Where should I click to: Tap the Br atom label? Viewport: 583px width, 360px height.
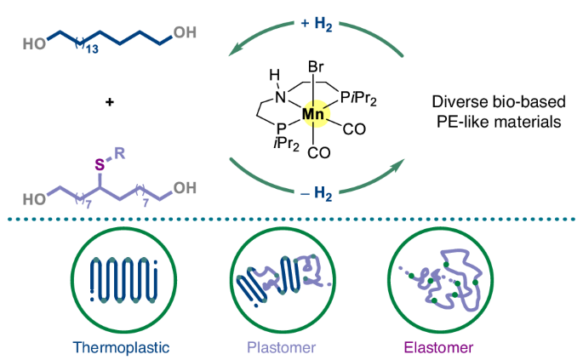(314, 64)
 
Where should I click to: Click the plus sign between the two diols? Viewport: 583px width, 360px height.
(109, 102)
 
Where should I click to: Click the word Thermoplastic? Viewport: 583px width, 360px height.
(116, 346)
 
